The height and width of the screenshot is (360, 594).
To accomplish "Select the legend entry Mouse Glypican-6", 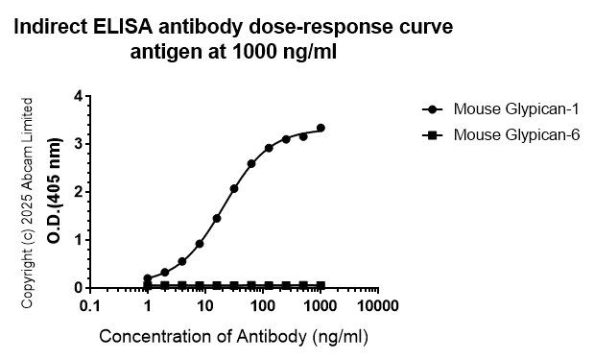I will [x=517, y=134].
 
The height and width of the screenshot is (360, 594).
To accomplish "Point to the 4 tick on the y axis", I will [x=78, y=97].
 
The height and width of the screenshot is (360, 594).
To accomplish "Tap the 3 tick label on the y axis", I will [x=78, y=144].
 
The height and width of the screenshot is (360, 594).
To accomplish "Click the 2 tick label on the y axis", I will [x=78, y=192].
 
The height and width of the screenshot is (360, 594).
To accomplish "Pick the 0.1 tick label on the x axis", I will [x=90, y=306].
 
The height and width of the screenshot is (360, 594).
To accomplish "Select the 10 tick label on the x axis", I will [x=204, y=306].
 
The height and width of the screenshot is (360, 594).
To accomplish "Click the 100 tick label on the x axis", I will [x=262, y=306].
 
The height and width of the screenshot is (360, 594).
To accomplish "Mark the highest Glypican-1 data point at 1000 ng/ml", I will [x=321, y=128].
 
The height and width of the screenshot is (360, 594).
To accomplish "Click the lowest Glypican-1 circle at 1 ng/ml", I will [x=147, y=278].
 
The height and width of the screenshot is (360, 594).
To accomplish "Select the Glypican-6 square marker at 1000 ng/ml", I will [x=321, y=285].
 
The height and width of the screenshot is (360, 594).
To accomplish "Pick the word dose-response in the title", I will [x=306, y=28].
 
